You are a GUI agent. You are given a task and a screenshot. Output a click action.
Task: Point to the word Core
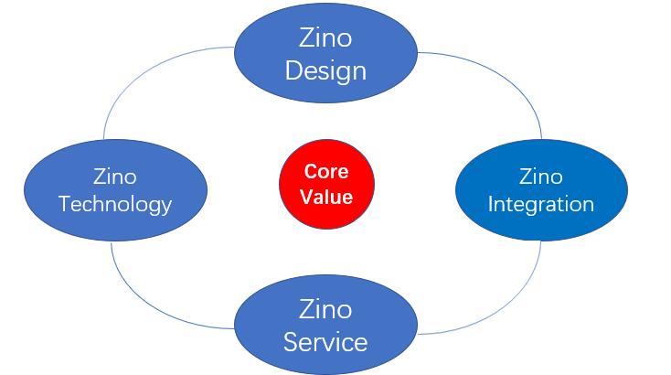[x=326, y=171]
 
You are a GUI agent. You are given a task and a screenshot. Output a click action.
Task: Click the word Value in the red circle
[x=327, y=196]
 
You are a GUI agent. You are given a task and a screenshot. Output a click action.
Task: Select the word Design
[x=325, y=70]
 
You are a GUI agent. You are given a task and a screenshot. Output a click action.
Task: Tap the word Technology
[x=115, y=203]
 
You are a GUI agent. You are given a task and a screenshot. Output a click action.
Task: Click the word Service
[x=325, y=343]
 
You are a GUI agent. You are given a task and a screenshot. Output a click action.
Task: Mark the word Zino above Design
[x=325, y=38]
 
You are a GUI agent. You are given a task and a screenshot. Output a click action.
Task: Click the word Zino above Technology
[x=115, y=176]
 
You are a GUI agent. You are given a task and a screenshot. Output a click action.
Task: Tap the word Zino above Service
[x=325, y=309]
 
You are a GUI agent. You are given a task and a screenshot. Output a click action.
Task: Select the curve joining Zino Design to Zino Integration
[x=512, y=78]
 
